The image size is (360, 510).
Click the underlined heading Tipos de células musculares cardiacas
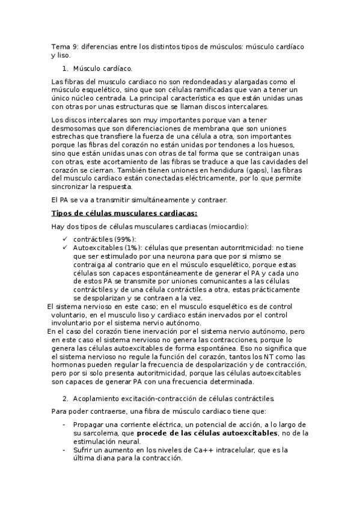pos(124,213)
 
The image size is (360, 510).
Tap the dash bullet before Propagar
pos(64,424)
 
